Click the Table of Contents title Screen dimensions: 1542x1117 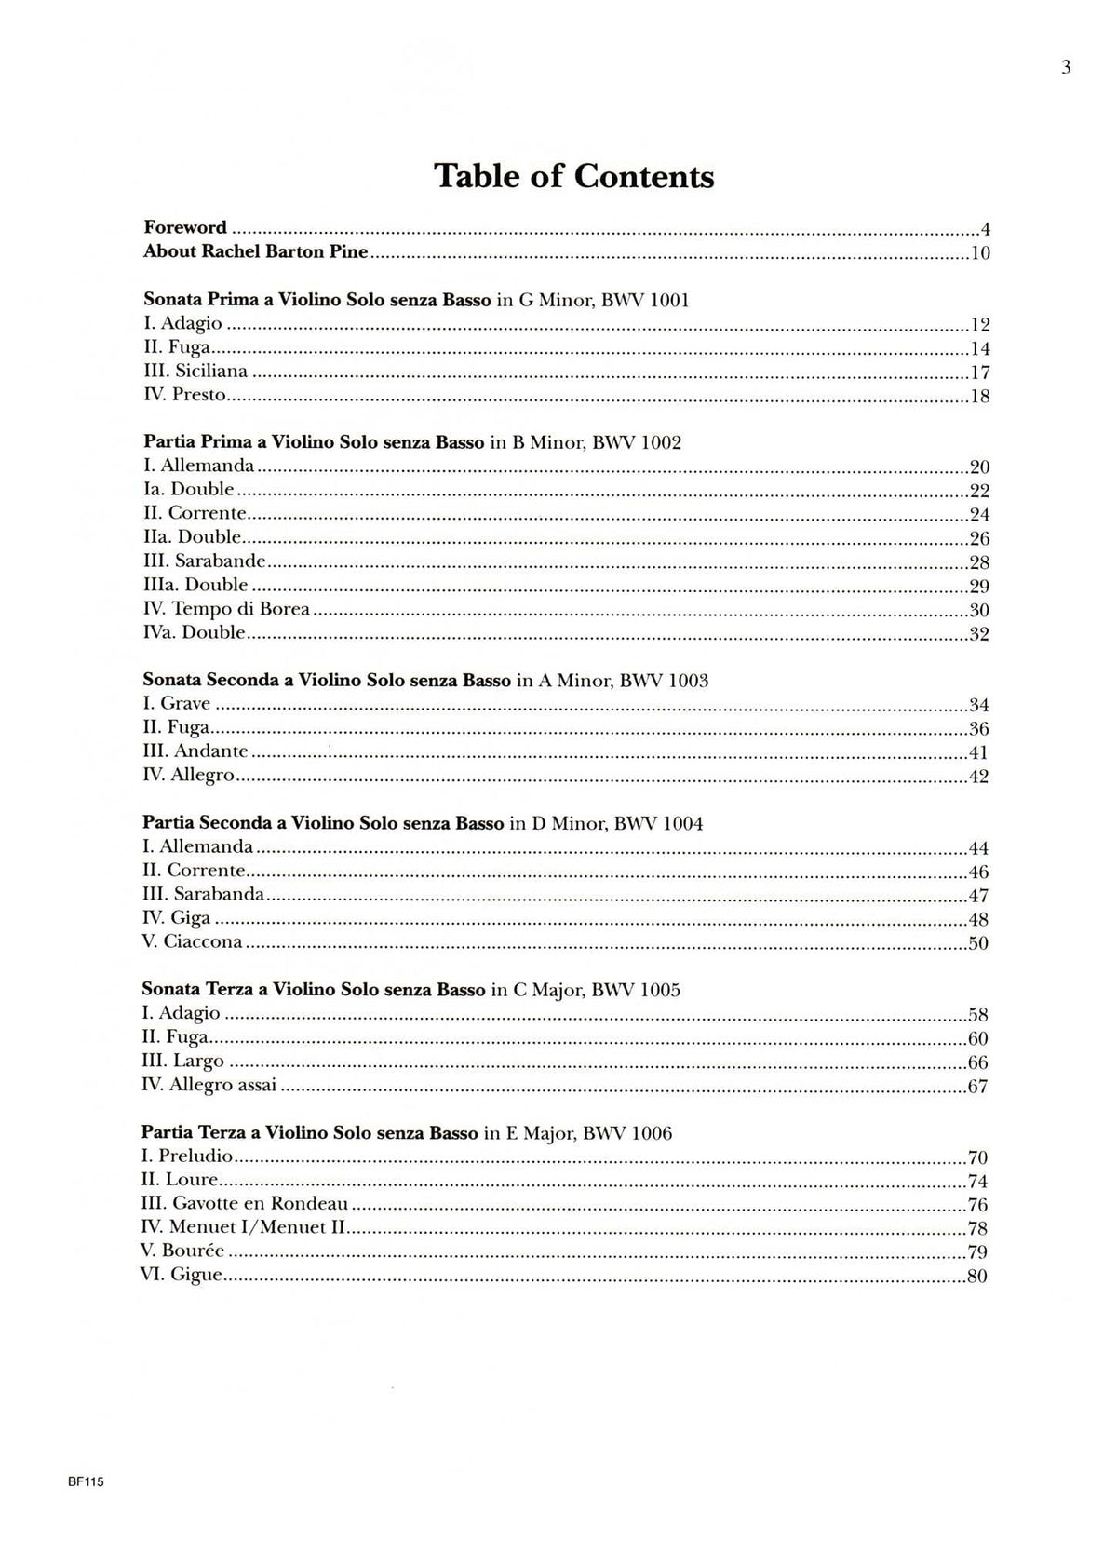pos(574,176)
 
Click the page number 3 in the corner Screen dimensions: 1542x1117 pos(1066,67)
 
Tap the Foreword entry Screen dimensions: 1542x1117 pos(185,227)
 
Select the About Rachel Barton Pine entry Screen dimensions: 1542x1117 pos(256,251)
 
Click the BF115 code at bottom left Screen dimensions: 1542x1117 pos(86,1484)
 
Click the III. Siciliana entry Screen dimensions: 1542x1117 pos(195,371)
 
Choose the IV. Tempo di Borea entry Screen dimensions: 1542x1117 pos(226,609)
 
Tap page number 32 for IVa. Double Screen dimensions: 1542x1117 pos(978,634)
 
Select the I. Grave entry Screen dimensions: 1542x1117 pos(177,704)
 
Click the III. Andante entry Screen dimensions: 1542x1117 pos(195,751)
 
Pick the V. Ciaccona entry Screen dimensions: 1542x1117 pos(193,941)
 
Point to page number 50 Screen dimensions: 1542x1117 pos(977,943)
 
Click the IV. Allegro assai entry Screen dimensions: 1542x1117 pos(210,1085)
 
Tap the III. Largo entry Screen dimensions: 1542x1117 pos(183,1061)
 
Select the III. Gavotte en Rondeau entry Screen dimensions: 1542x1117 pos(244,1204)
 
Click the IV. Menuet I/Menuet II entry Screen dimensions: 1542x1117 pos(244,1227)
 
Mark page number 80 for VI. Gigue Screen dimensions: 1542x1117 pos(976,1277)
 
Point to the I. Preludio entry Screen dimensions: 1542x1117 pos(186,1156)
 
